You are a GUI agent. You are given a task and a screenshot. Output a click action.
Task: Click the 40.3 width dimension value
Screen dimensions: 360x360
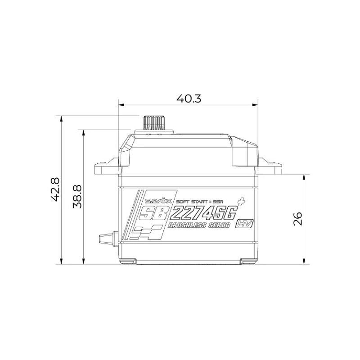[x=189, y=99]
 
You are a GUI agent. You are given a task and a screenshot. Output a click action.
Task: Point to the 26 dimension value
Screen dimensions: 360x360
[x=298, y=219]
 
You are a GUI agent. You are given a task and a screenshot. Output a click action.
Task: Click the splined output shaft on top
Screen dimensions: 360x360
[x=153, y=123]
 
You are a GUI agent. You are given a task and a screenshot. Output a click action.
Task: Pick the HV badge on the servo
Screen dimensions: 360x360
[x=244, y=223]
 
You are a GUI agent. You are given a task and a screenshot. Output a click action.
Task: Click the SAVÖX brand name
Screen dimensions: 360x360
[x=158, y=201]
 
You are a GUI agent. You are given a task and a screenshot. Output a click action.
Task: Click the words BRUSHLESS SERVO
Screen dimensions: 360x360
[x=199, y=225]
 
